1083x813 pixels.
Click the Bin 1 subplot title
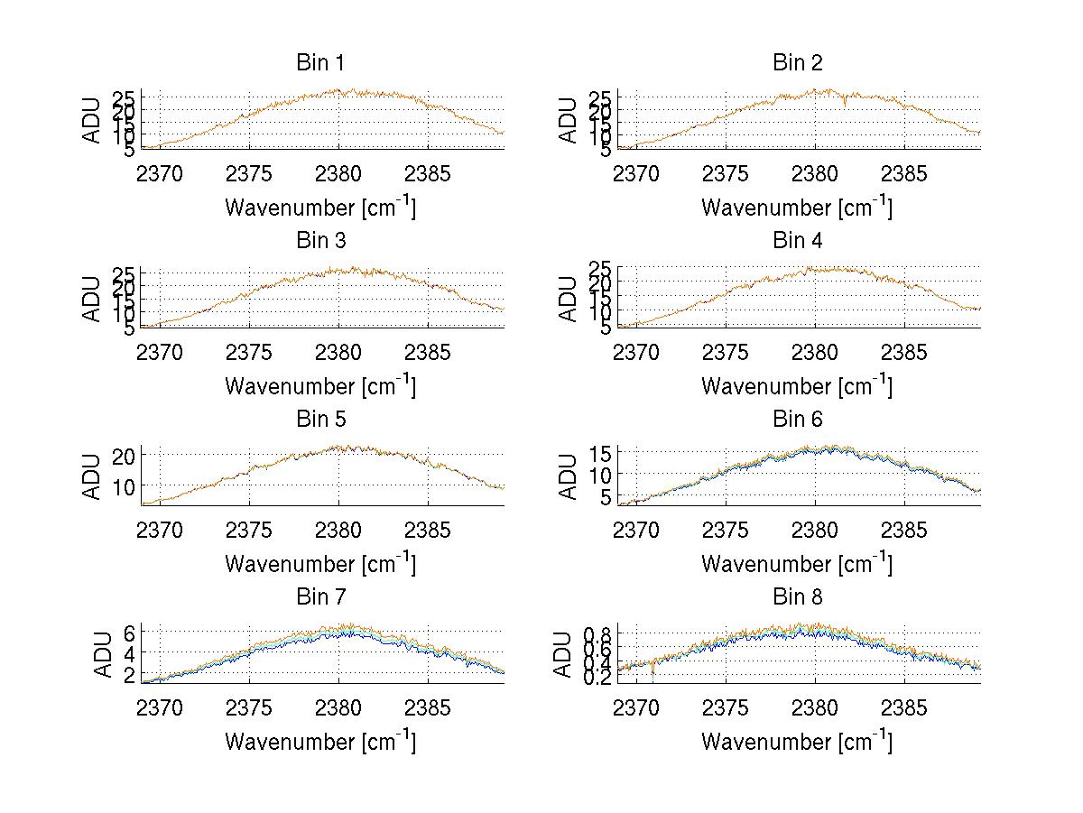pyautogui.click(x=319, y=63)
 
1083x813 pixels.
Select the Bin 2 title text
pyautogui.click(x=797, y=63)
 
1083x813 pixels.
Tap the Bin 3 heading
pyautogui.click(x=319, y=241)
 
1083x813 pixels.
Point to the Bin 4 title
pyautogui.click(x=797, y=241)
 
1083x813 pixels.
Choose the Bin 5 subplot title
pyautogui.click(x=319, y=420)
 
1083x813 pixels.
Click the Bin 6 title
pyautogui.click(x=797, y=420)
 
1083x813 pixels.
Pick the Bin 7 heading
pyautogui.click(x=319, y=597)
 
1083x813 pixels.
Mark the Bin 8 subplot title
pyautogui.click(x=797, y=597)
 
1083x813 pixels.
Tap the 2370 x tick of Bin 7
pyautogui.click(x=160, y=708)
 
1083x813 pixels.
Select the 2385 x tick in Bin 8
pyautogui.click(x=903, y=708)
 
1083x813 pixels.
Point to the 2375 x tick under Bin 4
pyautogui.click(x=726, y=352)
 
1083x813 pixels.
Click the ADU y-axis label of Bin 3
pyautogui.click(x=93, y=300)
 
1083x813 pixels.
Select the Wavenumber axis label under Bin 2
pyautogui.click(x=797, y=208)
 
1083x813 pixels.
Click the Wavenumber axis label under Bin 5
pyautogui.click(x=319, y=564)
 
